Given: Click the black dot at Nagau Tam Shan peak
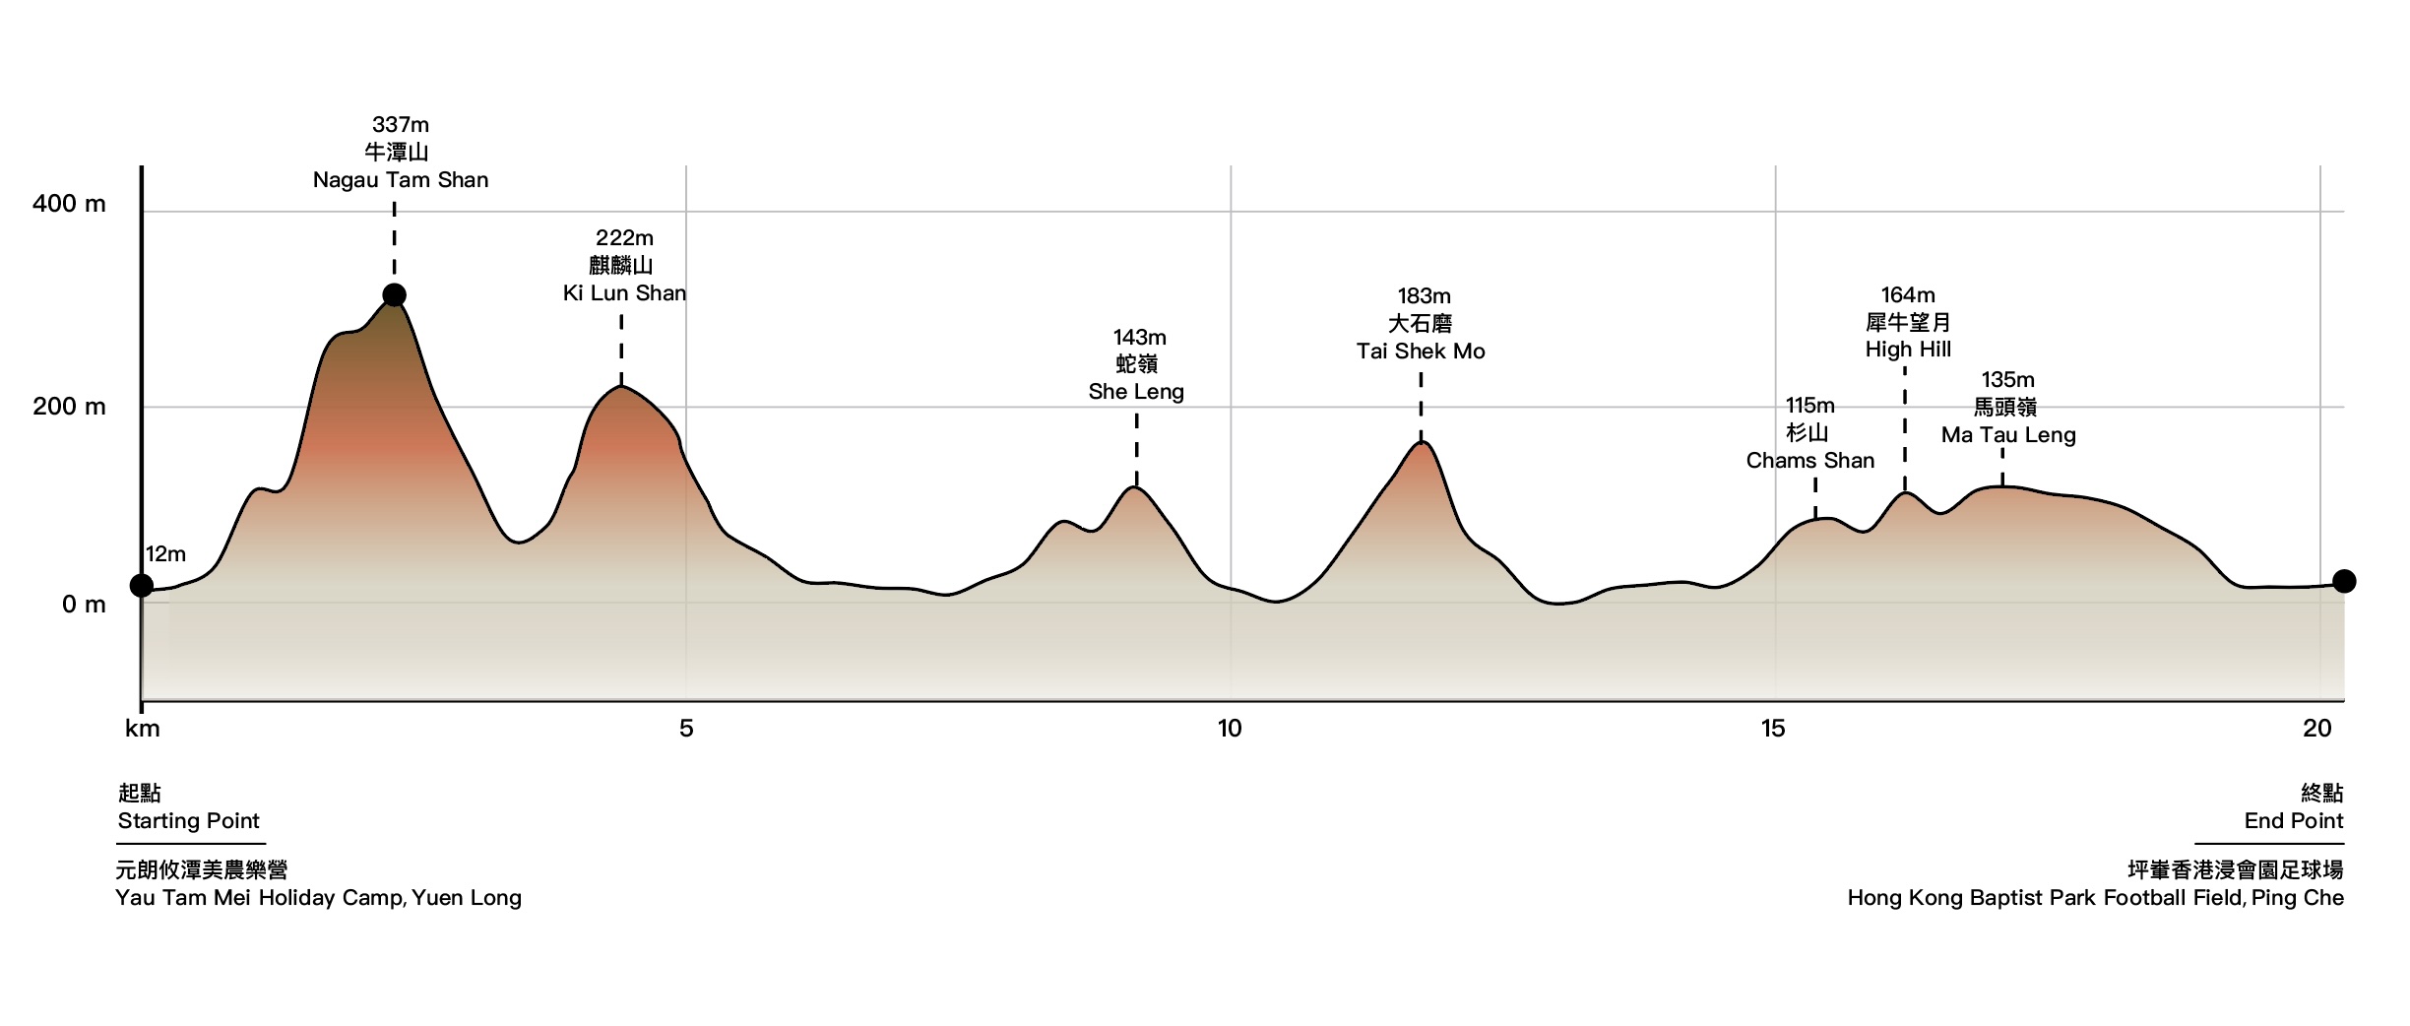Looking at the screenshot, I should pos(394,295).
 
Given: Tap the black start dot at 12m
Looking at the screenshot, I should pos(142,586).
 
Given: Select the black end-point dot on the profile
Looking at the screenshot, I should pos(2344,581).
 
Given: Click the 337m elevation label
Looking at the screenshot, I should pos(401,125).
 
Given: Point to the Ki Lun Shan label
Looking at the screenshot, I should pos(624,293).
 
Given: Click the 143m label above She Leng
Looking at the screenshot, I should pos(1139,338).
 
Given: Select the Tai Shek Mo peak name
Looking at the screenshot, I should pos(1421,352).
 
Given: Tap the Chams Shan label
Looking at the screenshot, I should pos(1809,461).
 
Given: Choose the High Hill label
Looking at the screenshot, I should pos(1908,350).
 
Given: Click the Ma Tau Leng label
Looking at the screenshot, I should pos(2008,435).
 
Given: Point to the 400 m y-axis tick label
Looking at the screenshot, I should pos(69,204).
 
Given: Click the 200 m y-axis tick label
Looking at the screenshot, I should pos(69,407).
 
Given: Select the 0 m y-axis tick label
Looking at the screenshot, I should pos(84,605).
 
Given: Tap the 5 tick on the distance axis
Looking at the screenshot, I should pos(686,729).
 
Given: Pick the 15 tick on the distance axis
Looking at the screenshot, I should pos(1773,729).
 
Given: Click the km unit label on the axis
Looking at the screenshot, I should pos(143,729).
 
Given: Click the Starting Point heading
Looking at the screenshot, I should pos(188,821).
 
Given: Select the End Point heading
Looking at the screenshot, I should pos(2293,821).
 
